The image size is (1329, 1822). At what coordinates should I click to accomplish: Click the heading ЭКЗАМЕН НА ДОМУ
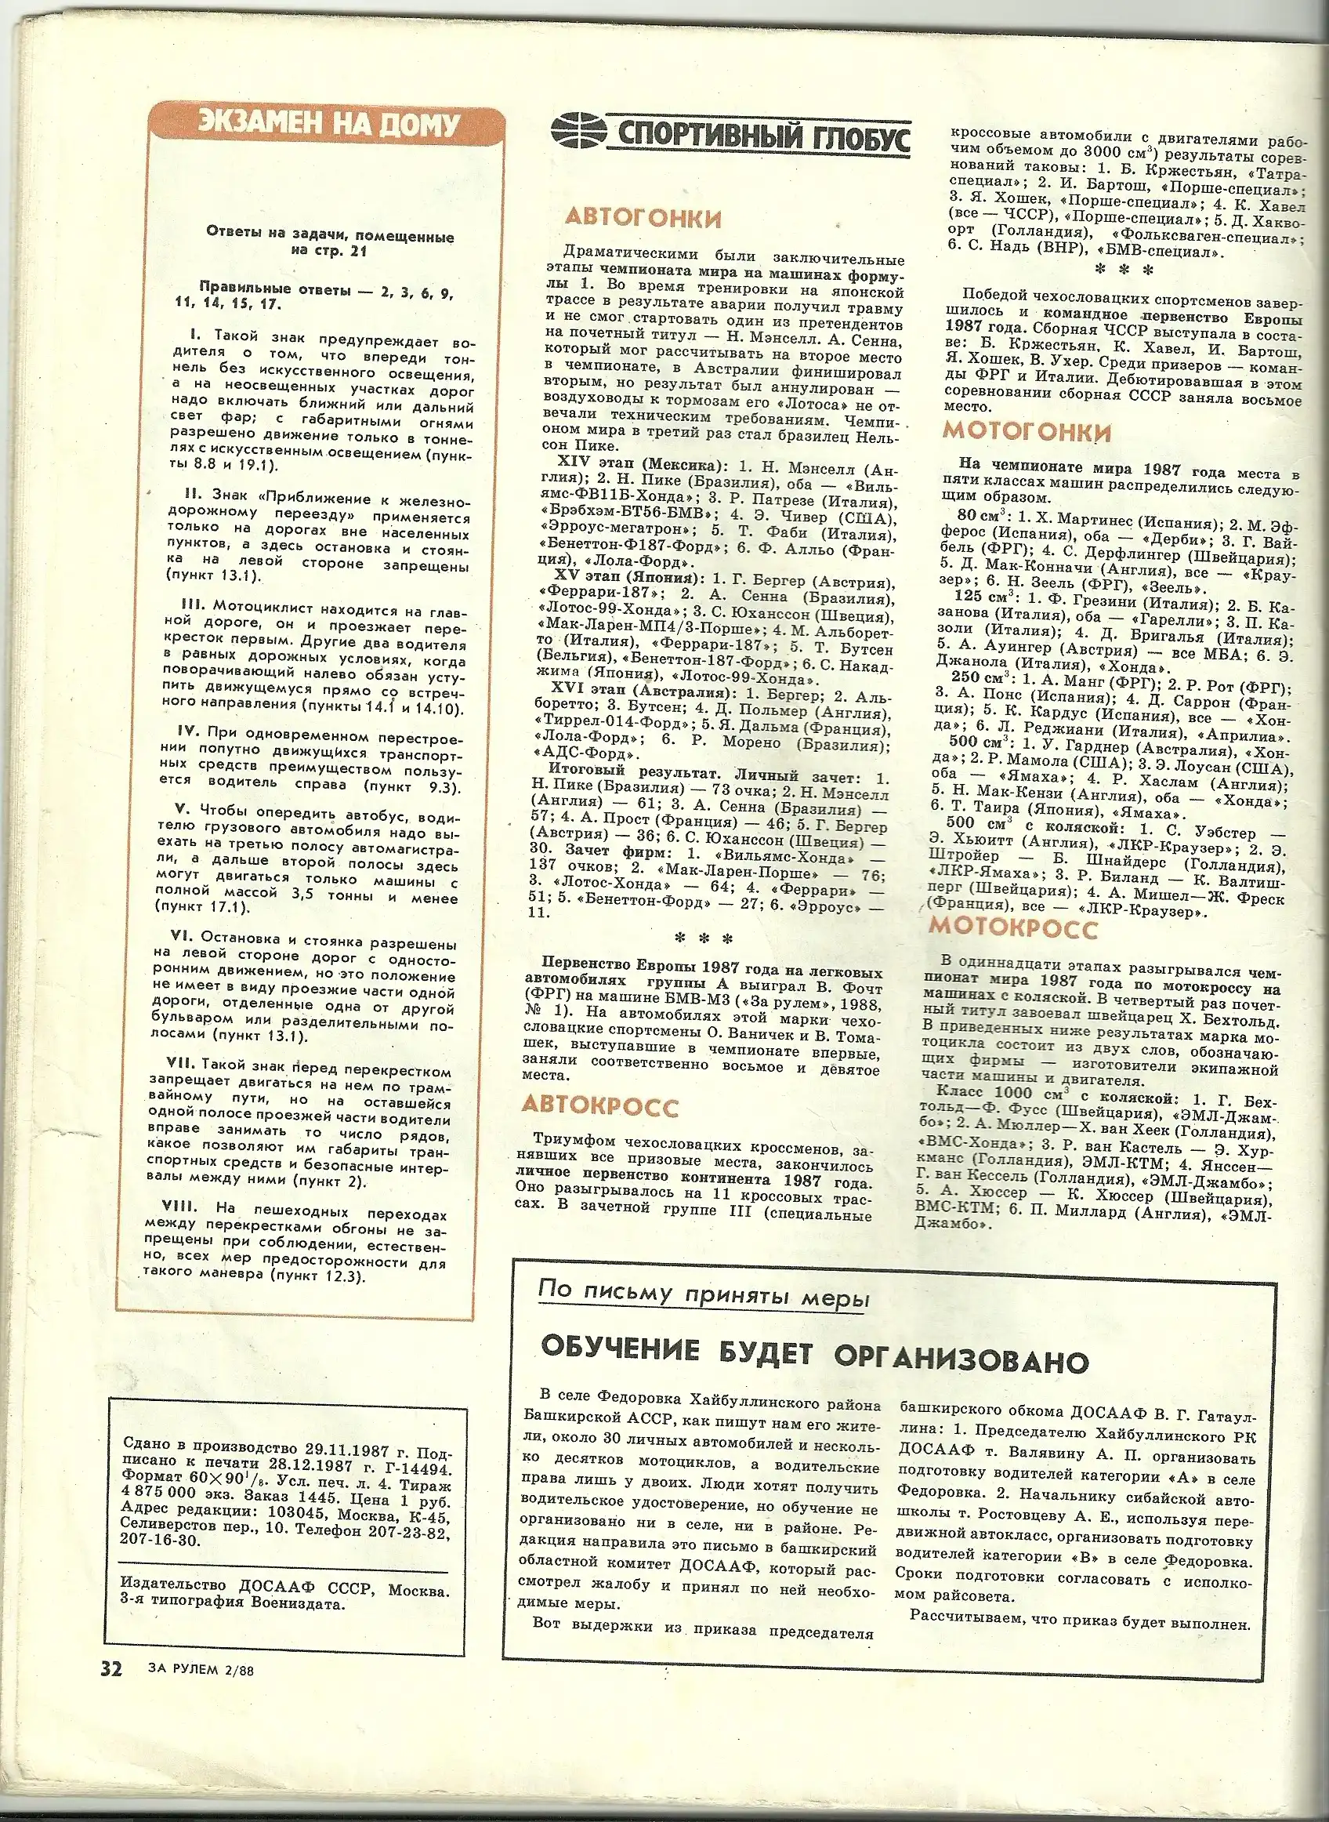(x=328, y=125)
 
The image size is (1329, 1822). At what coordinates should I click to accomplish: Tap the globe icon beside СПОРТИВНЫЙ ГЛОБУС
(x=578, y=130)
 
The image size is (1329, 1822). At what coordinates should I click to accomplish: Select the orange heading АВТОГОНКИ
(x=643, y=218)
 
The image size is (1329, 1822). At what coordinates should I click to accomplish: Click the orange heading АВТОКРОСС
(x=599, y=1105)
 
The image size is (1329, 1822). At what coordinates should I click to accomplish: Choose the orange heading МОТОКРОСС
(x=1013, y=928)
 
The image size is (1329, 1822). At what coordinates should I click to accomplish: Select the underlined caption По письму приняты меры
(x=703, y=1294)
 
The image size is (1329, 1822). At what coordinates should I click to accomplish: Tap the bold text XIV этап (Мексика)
(x=641, y=465)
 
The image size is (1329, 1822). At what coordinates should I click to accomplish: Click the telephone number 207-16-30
(x=160, y=1539)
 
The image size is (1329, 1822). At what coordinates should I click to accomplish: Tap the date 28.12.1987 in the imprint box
(x=309, y=1462)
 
